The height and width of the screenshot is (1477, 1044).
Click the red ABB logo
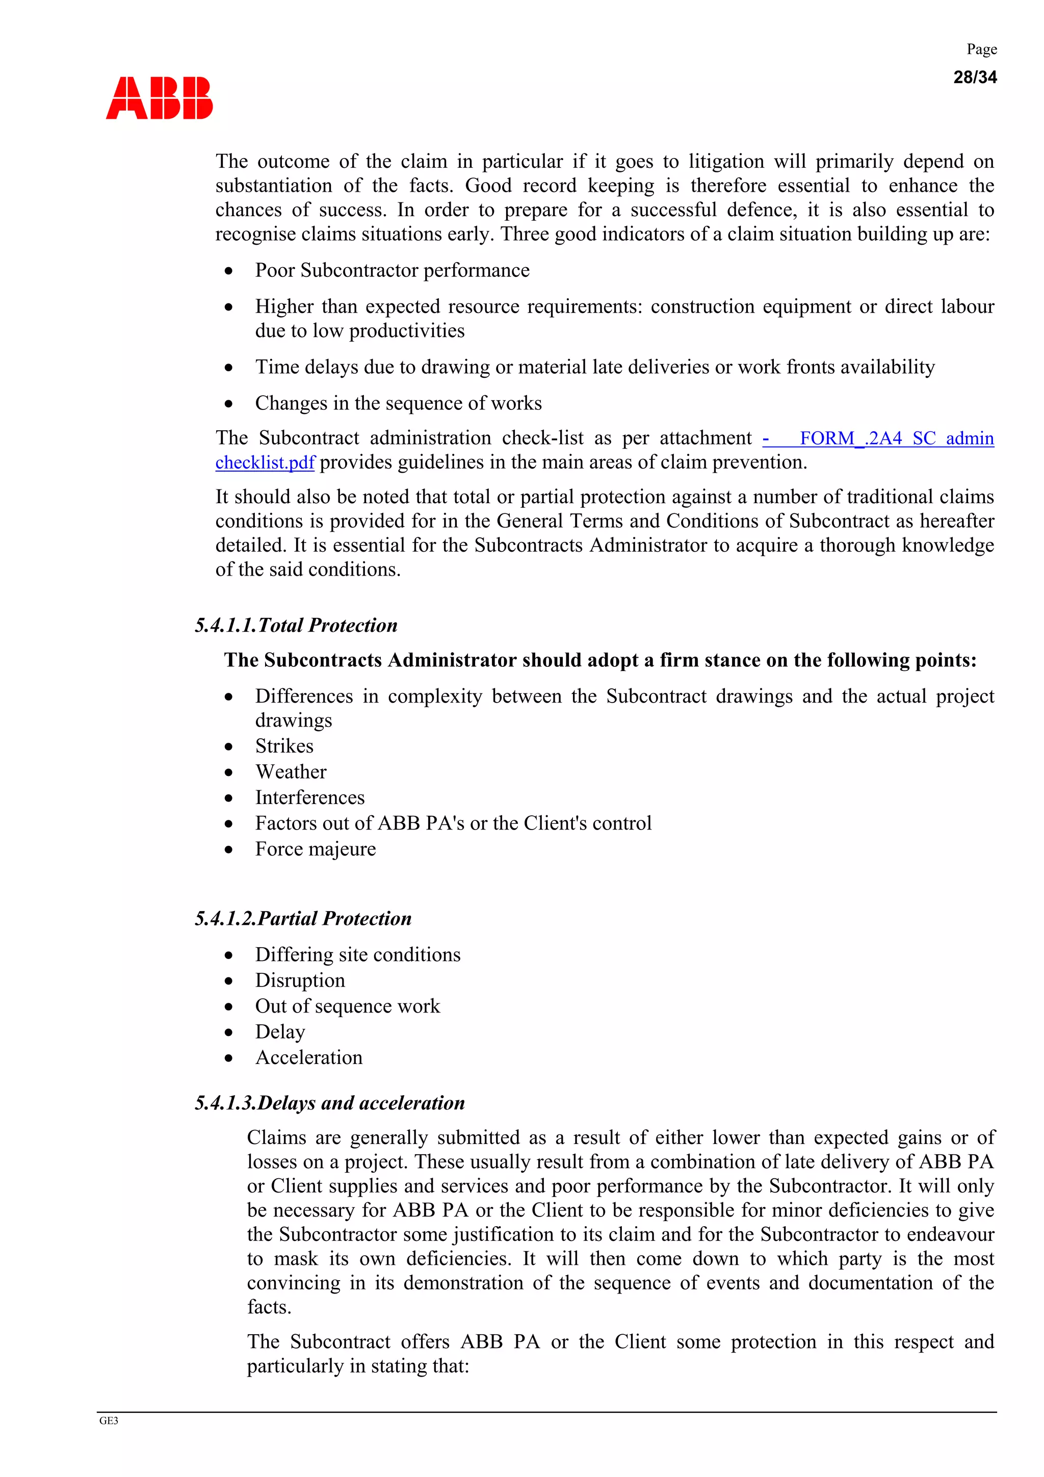159,98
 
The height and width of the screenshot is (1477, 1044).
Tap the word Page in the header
982,49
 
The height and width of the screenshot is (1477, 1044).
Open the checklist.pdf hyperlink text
265,462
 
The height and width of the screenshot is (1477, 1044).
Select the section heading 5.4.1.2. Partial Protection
303,919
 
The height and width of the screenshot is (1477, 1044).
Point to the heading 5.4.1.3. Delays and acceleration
329,1103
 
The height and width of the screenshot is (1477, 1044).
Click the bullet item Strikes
284,746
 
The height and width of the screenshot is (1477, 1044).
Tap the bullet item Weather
291,772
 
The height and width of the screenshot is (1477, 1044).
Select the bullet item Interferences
309,798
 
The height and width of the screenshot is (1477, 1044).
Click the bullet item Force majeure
315,849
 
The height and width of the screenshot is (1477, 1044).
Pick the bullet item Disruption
300,980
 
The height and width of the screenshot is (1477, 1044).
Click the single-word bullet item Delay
280,1032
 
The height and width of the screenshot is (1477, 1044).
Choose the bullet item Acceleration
309,1057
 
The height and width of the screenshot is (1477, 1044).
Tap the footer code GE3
109,1421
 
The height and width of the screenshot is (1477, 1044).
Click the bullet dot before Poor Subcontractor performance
229,271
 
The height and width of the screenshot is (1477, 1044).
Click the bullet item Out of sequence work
347,1006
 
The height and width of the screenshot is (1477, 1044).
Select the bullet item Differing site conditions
358,954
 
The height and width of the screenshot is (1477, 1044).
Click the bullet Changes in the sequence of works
398,403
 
